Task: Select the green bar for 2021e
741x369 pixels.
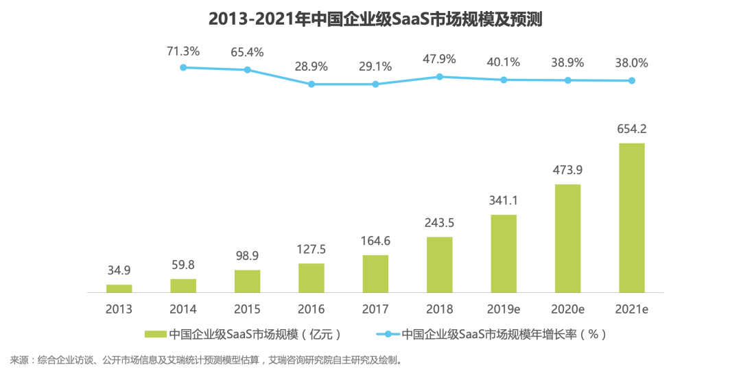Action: (x=631, y=218)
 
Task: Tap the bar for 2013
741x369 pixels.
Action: (x=119, y=288)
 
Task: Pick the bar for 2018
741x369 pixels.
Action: (x=439, y=265)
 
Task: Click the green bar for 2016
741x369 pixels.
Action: (x=311, y=278)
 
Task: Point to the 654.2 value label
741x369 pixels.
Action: (x=632, y=128)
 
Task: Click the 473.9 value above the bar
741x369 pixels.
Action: (x=567, y=169)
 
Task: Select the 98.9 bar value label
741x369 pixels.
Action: (x=247, y=255)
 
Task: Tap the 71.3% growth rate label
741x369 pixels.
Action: (x=183, y=51)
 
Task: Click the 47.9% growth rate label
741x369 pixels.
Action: (x=439, y=59)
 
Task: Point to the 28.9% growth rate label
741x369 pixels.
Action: (x=311, y=67)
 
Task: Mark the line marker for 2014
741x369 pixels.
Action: (x=183, y=67)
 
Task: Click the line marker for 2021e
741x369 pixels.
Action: (x=632, y=81)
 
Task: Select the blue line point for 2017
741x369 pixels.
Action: (x=375, y=84)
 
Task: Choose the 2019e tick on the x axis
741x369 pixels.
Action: (x=504, y=309)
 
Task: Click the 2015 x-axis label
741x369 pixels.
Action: (x=247, y=309)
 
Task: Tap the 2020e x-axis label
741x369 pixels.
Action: (x=567, y=309)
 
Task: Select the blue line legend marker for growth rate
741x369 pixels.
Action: (x=388, y=335)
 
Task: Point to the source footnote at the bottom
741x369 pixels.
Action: (x=206, y=359)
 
